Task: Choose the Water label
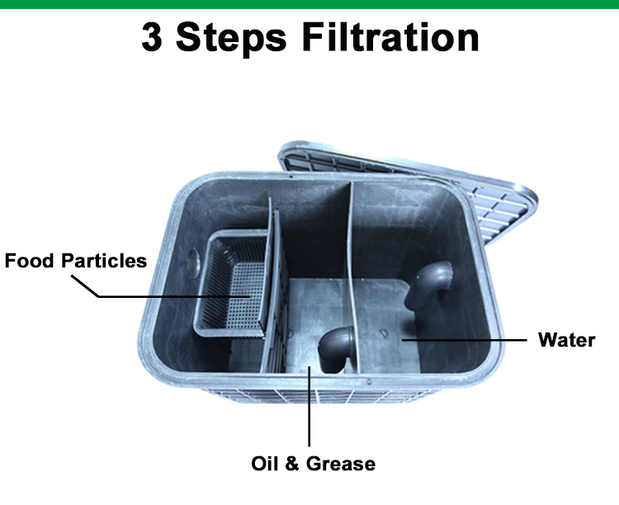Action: pos(566,340)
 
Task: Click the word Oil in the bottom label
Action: pos(266,464)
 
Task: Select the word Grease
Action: pos(340,464)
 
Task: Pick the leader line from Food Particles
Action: pos(165,295)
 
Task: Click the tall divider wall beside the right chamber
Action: pos(351,272)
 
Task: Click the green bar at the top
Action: pos(309,4)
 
